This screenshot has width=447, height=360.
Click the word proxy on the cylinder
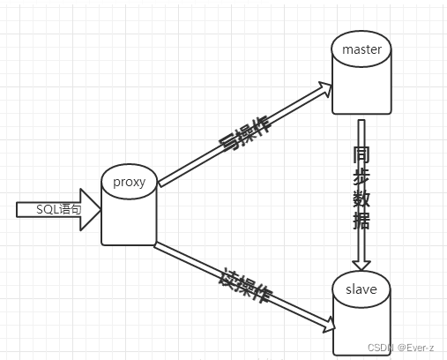(x=129, y=182)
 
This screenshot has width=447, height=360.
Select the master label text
(x=361, y=49)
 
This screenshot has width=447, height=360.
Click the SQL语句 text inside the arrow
(x=58, y=209)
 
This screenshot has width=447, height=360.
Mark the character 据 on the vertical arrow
(x=361, y=219)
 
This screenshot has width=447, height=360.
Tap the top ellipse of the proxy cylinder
(x=129, y=170)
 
